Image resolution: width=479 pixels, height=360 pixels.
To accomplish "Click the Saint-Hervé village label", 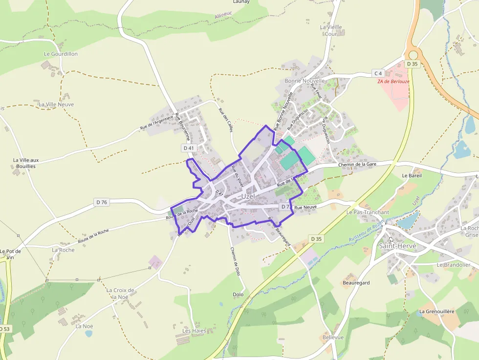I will pyautogui.click(x=397, y=246).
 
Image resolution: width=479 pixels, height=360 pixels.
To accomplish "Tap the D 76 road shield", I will pyautogui.click(x=102, y=202).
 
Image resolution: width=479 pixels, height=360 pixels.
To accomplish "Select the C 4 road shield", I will pyautogui.click(x=378, y=73).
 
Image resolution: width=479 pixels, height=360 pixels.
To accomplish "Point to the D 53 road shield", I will pyautogui.click(x=4, y=329).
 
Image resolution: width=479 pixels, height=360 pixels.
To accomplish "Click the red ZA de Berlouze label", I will pyautogui.click(x=393, y=82).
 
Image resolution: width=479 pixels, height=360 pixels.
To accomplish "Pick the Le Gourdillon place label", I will pyautogui.click(x=61, y=54).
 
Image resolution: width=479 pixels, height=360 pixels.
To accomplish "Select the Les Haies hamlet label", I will pyautogui.click(x=194, y=331).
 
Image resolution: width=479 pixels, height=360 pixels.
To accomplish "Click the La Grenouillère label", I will pyautogui.click(x=436, y=311).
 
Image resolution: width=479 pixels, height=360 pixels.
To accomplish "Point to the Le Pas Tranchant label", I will pyautogui.click(x=368, y=212).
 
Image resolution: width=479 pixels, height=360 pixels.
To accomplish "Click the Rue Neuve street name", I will pyautogui.click(x=305, y=208).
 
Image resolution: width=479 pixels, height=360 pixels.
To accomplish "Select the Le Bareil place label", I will pyautogui.click(x=412, y=175).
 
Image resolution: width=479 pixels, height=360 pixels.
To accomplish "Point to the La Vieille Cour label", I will pyautogui.click(x=331, y=30).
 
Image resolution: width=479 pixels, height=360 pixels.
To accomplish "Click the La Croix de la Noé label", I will pyautogui.click(x=116, y=293).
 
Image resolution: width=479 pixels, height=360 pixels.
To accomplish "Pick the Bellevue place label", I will pyautogui.click(x=333, y=338).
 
